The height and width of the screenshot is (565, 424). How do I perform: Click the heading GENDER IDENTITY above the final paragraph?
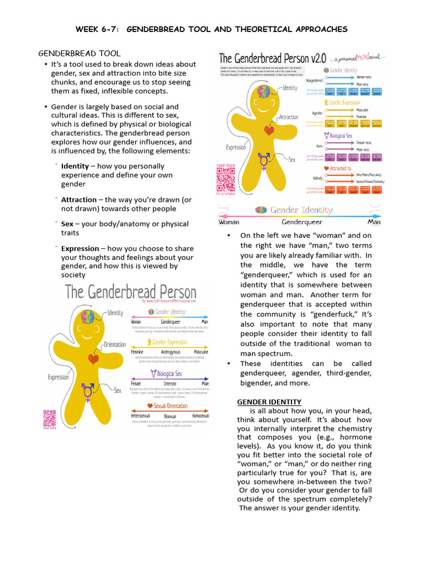click(x=269, y=402)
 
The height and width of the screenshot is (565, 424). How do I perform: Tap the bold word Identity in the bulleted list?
click(x=75, y=166)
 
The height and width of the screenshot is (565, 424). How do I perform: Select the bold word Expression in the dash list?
click(x=79, y=249)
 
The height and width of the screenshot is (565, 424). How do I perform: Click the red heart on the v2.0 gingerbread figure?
click(x=269, y=131)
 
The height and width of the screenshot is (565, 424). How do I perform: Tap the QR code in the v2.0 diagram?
click(x=226, y=179)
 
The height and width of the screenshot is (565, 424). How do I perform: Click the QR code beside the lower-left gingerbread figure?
click(x=50, y=417)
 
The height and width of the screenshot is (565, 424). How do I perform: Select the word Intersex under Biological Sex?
click(x=170, y=383)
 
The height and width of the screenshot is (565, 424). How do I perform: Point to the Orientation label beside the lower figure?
click(x=115, y=345)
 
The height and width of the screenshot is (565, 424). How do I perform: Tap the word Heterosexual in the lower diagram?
click(x=141, y=415)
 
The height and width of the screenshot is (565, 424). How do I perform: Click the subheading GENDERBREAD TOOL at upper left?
click(x=79, y=54)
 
